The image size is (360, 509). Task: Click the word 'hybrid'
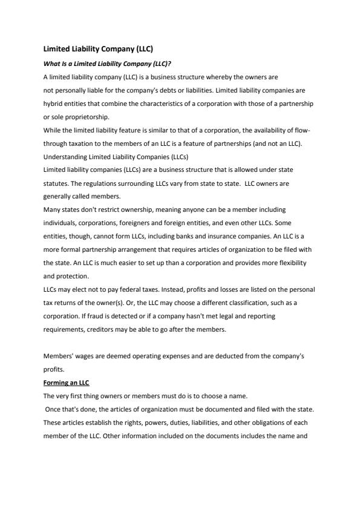point(53,103)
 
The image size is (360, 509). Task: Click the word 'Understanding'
point(64,157)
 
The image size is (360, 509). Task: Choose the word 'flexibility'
point(293,263)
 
